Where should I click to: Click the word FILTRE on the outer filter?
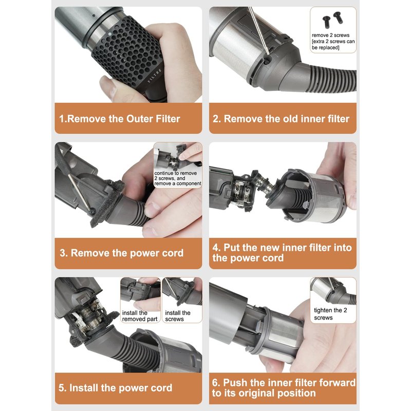(155, 76)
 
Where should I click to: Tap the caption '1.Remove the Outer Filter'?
(120, 119)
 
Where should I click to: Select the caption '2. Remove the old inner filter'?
(281, 119)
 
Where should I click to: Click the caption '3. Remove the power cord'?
(122, 253)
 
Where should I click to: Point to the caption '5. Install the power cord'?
(115, 388)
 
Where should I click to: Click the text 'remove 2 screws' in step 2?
(330, 35)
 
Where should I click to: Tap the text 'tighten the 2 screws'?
(330, 314)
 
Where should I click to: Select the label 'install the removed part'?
(140, 316)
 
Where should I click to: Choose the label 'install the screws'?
(178, 316)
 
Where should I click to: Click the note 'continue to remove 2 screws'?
(176, 176)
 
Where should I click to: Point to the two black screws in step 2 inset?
(332, 20)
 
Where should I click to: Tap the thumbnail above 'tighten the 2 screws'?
(333, 291)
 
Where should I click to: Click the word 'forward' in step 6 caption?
(337, 383)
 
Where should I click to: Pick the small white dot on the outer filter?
(109, 34)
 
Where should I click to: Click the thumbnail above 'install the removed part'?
(140, 293)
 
